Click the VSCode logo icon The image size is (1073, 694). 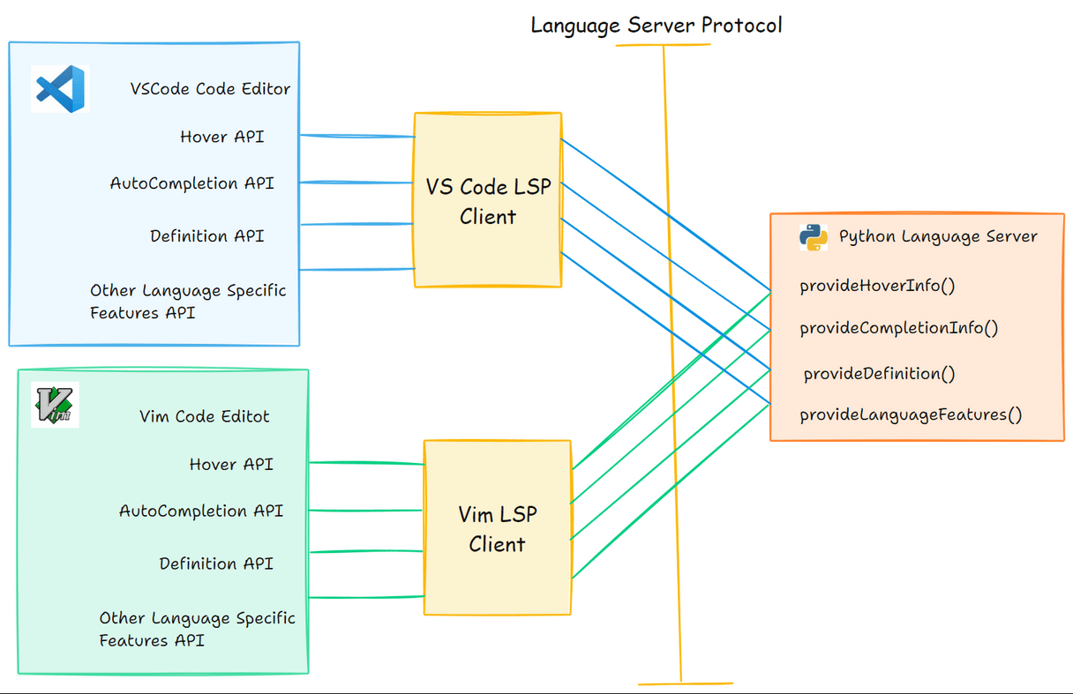tap(60, 88)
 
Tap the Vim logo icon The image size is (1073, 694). tap(55, 405)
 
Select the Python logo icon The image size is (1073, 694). tap(813, 237)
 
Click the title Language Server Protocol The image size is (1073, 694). tap(656, 25)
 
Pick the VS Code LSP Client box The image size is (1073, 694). tap(488, 199)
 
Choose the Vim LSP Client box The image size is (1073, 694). tap(497, 527)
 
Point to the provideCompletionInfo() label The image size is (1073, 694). tap(898, 328)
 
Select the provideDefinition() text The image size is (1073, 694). tap(879, 374)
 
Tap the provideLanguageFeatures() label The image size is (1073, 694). tap(911, 414)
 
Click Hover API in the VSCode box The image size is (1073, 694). tap(221, 137)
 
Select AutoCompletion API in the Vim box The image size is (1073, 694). tap(201, 511)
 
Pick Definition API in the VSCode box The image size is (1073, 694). tap(206, 236)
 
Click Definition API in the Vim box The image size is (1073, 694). tap(216, 563)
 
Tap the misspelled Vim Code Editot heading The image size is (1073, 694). tap(205, 416)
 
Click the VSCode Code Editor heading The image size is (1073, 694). tap(210, 89)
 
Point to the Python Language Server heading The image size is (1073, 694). tap(937, 236)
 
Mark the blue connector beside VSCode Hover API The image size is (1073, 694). tap(357, 136)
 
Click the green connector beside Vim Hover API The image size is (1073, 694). tap(366, 462)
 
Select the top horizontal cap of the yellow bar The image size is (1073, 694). tap(663, 44)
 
